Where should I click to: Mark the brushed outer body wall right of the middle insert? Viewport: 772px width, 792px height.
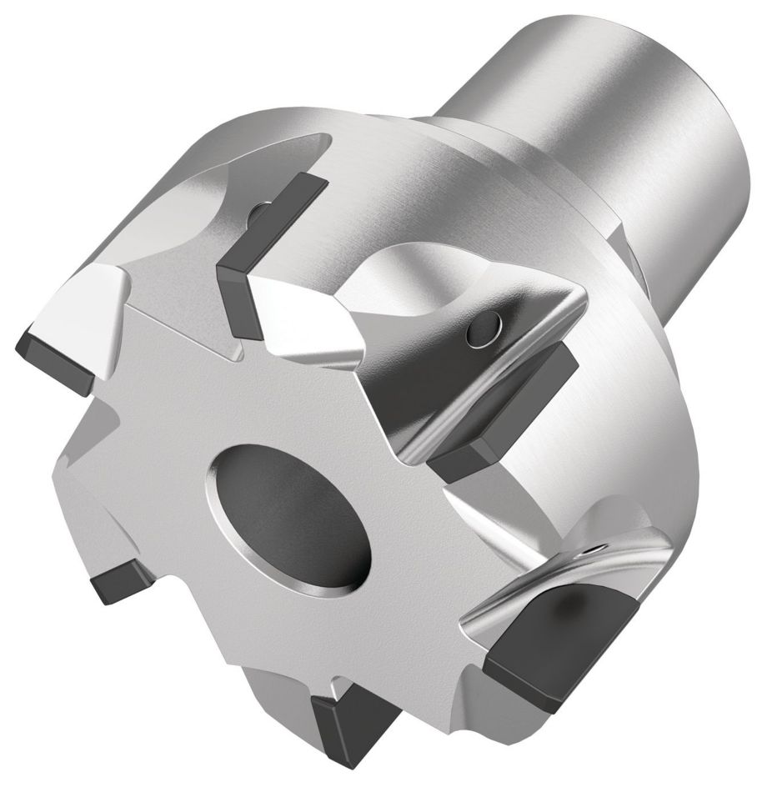click(x=634, y=417)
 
